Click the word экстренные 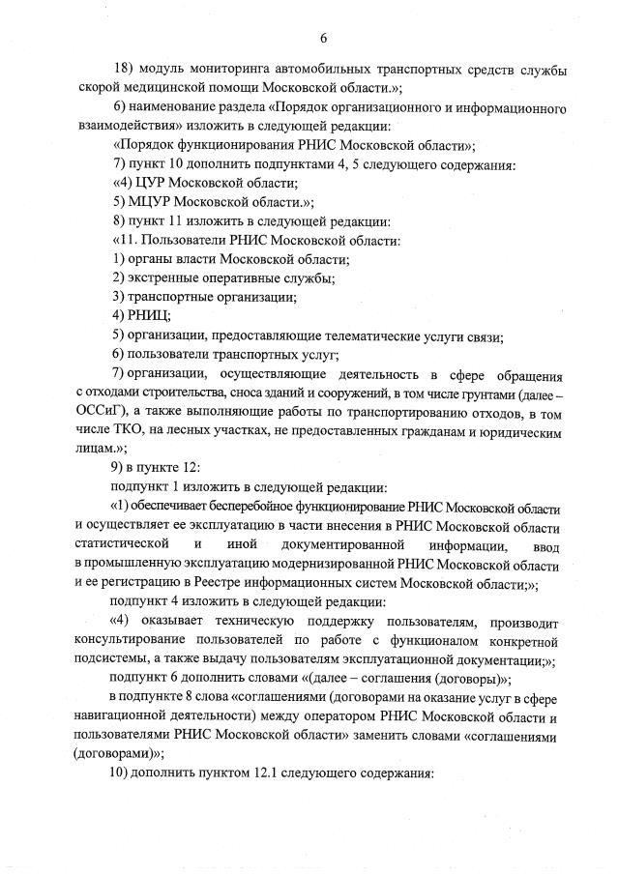tap(165, 278)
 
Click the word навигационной tap(130, 716)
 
